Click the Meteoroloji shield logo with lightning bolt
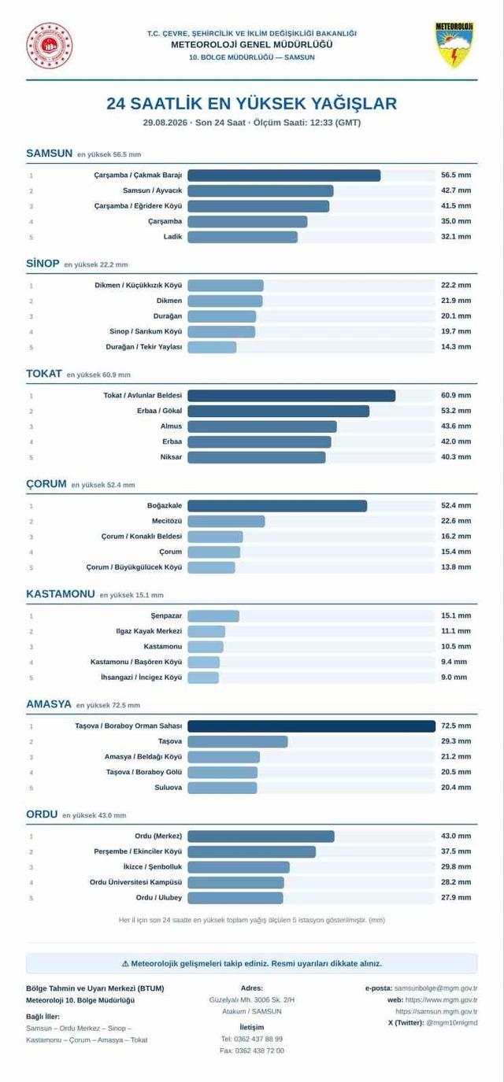[x=454, y=45]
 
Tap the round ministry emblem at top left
[x=50, y=46]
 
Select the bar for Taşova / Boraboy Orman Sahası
[x=311, y=726]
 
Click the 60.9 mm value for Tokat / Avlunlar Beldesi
[x=456, y=395]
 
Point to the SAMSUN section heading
[x=50, y=153]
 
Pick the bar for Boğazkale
[x=277, y=506]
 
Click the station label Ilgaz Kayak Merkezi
[x=149, y=631]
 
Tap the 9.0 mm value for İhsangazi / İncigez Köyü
[x=454, y=678]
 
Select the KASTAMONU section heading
[x=61, y=593]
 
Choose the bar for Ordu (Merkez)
[x=261, y=836]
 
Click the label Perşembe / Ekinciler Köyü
[x=138, y=851]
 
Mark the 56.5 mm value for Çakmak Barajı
[x=456, y=175]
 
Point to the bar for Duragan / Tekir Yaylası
[x=212, y=347]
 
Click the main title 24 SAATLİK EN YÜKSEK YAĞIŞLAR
[x=252, y=103]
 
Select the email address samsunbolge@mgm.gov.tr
[x=435, y=988]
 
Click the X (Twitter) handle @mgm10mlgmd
[x=452, y=1022]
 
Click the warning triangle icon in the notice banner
[x=125, y=964]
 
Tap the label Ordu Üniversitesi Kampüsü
[x=135, y=882]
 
